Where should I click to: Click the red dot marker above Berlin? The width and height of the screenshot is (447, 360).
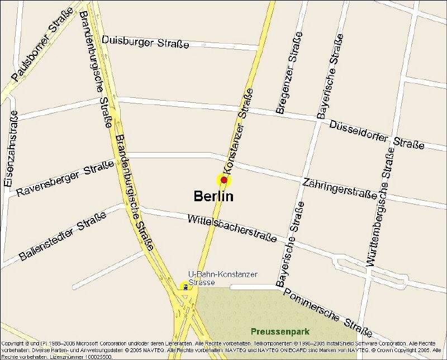(x=224, y=180)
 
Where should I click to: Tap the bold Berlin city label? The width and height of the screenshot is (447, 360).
(x=213, y=196)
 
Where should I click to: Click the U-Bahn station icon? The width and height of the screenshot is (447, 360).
(x=186, y=287)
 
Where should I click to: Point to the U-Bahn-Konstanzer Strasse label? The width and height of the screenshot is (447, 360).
(x=222, y=278)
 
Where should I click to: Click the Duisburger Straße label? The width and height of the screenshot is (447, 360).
(x=146, y=42)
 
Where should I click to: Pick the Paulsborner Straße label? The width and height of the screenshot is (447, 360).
(x=42, y=44)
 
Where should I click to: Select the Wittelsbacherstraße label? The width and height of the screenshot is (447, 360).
(x=232, y=228)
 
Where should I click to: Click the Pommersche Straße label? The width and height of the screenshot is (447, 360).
(x=327, y=309)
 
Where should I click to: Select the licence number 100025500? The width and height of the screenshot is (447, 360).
(x=97, y=356)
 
